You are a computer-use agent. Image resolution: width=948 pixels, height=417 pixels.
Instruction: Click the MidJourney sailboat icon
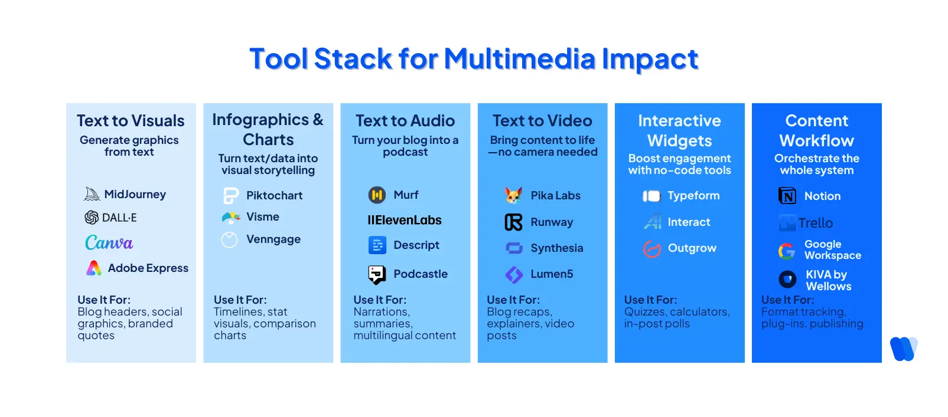click(92, 194)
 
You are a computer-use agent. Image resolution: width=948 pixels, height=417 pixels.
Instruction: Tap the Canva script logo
click(109, 242)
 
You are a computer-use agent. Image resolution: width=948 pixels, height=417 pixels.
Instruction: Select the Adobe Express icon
click(94, 268)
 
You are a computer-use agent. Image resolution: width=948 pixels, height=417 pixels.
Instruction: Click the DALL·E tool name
click(119, 218)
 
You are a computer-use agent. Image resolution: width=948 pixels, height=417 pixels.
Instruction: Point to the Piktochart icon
click(230, 195)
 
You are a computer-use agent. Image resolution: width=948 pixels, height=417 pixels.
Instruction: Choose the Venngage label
click(273, 239)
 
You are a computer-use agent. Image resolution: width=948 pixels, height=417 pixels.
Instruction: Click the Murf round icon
click(377, 195)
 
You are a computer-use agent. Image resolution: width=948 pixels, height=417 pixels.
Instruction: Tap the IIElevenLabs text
click(405, 220)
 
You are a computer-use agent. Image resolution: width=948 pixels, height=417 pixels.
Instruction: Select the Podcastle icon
click(377, 274)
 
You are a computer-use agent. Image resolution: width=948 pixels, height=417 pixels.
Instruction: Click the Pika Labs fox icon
click(513, 195)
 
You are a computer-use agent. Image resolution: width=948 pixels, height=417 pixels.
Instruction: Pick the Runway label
click(552, 222)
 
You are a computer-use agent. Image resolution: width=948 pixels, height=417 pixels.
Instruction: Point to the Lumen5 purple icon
click(514, 274)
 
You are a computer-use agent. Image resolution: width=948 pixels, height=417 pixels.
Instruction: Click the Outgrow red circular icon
click(651, 249)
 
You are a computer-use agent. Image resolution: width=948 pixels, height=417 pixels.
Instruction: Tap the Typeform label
click(693, 196)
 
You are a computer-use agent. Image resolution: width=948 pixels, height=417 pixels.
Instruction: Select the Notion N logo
click(787, 196)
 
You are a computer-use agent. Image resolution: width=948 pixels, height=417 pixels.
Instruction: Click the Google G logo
click(787, 251)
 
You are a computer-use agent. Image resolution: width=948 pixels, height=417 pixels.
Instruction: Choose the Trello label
click(816, 223)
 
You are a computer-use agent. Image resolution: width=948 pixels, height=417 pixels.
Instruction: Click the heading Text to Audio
click(405, 121)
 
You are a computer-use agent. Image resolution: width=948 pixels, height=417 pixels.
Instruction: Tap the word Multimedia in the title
click(520, 59)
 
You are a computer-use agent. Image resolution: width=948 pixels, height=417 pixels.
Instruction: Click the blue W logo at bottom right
click(903, 349)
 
